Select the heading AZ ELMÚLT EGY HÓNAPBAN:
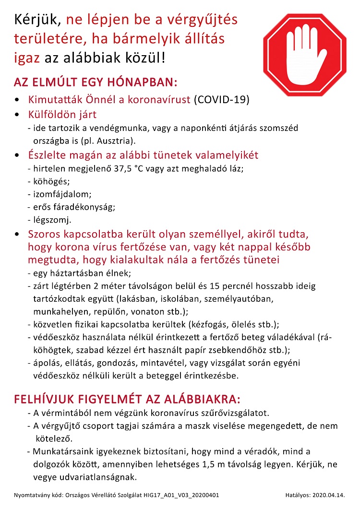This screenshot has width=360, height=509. [96, 82]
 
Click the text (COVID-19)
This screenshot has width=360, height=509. [221, 100]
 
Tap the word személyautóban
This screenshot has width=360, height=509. [239, 298]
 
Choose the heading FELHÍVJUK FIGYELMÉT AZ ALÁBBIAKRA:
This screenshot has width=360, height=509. [127, 400]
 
